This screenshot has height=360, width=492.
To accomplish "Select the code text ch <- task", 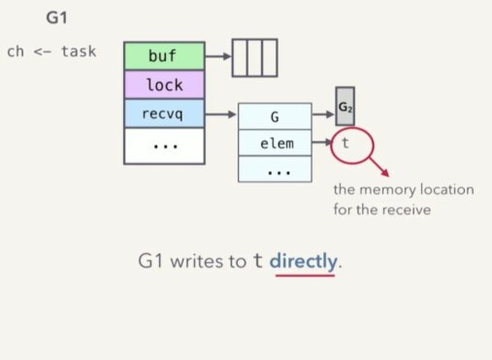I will click(x=51, y=51).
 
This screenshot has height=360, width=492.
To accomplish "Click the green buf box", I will click(x=164, y=57).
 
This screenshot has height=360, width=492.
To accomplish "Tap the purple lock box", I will click(x=164, y=85).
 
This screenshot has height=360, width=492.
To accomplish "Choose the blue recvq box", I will click(x=164, y=114).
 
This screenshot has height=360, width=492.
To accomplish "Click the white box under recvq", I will click(x=164, y=145).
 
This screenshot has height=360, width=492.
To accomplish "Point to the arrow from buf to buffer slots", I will click(x=217, y=57).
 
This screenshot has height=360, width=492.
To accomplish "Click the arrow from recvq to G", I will click(x=221, y=115).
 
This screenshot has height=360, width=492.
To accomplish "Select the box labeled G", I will click(x=275, y=116).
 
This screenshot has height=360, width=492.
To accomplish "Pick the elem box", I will click(x=275, y=144).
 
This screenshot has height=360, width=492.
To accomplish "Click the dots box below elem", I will click(x=275, y=170).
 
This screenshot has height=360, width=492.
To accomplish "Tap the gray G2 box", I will click(x=345, y=107).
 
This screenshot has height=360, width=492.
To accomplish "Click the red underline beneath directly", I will click(x=305, y=276).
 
